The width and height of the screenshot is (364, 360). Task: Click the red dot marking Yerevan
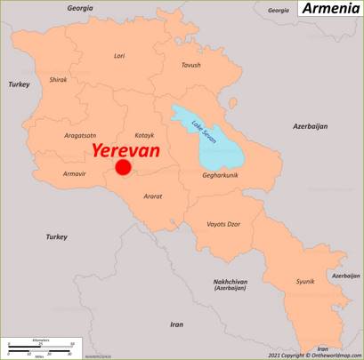point(124,167)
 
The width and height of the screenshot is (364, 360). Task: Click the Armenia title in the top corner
point(329,9)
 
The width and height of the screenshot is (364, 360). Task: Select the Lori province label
point(119,55)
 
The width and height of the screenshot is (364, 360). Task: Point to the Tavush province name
point(190,65)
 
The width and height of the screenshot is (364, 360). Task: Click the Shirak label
point(58,79)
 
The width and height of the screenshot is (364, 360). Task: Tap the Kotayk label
point(143,135)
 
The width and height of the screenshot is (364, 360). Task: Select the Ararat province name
point(152,196)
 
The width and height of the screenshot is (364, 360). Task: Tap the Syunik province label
point(305,281)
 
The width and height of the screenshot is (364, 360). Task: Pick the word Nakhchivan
point(230,282)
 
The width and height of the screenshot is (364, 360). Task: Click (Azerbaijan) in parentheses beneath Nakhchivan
point(230,289)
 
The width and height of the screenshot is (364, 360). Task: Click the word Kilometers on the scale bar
point(40,340)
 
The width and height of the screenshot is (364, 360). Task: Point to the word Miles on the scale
point(39,356)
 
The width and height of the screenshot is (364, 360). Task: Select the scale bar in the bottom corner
point(40,348)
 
